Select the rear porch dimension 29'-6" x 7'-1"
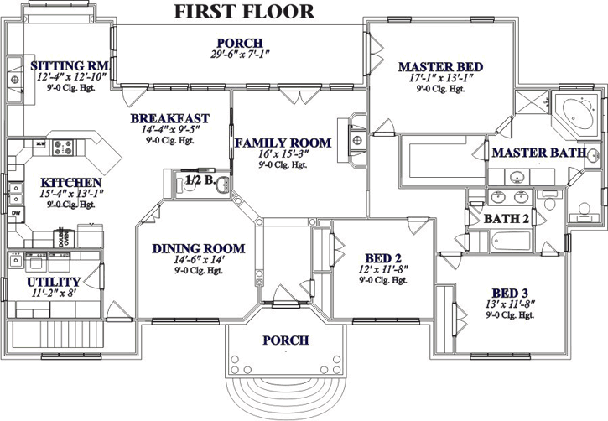240,55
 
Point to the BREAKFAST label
169,119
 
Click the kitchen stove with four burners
64,148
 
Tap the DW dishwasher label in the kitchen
16,213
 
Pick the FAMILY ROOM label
282,143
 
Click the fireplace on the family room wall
355,138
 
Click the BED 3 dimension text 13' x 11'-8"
509,304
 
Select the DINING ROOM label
198,248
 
